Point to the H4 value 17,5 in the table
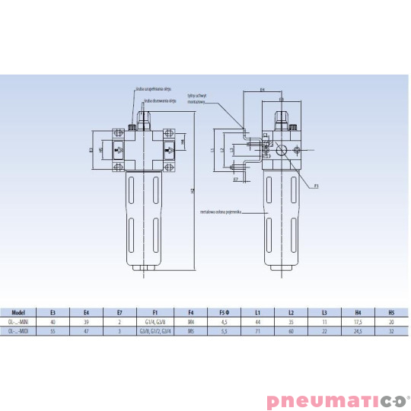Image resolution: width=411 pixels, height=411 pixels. pyautogui.click(x=358, y=322)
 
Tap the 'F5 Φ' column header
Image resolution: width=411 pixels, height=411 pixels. pyautogui.click(x=225, y=311)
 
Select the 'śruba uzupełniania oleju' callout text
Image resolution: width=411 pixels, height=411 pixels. pyautogui.click(x=156, y=89)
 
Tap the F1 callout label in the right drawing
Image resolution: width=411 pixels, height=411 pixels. pyautogui.click(x=316, y=185)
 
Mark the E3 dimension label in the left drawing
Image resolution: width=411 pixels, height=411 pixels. pyautogui.click(x=91, y=150)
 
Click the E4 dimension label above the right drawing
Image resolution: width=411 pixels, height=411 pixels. pyautogui.click(x=262, y=90)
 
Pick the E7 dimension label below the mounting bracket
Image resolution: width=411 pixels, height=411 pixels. pyautogui.click(x=235, y=180)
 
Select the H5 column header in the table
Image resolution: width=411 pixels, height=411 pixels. pyautogui.click(x=391, y=311)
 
